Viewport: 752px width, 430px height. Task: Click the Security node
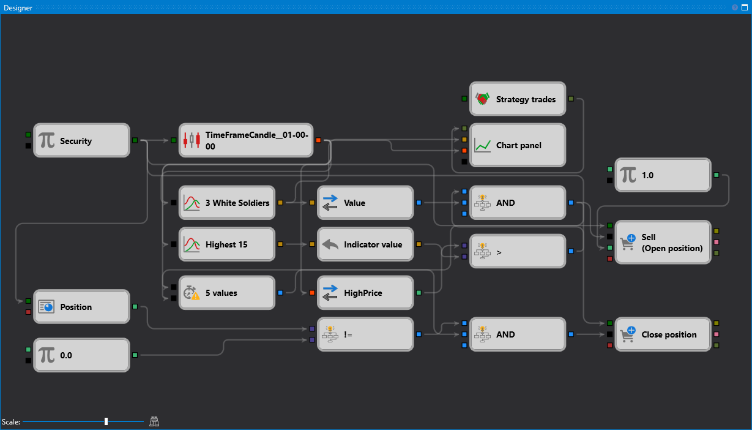click(x=81, y=141)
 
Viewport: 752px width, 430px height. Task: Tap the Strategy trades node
click(x=518, y=99)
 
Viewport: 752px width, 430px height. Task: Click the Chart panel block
click(x=518, y=146)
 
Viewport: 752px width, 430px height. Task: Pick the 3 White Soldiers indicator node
click(x=227, y=203)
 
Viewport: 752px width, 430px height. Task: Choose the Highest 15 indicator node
click(x=227, y=244)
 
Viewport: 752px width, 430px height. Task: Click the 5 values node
click(x=227, y=293)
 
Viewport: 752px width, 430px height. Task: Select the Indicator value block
click(x=366, y=244)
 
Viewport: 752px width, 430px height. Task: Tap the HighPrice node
click(x=366, y=293)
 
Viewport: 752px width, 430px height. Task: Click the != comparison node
click(x=366, y=334)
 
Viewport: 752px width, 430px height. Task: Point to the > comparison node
click(x=518, y=251)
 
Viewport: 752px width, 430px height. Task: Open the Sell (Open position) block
click(x=663, y=243)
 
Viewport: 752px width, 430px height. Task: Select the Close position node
click(x=663, y=334)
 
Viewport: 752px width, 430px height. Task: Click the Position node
click(x=81, y=307)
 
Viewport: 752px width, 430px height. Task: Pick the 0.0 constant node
click(x=81, y=355)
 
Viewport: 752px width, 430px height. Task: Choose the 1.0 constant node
click(x=663, y=175)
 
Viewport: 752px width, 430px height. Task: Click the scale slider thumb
click(x=106, y=421)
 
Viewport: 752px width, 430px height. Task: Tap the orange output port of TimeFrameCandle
click(x=318, y=141)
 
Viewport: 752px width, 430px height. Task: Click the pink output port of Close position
click(x=717, y=334)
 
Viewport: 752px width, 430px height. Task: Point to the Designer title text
click(x=18, y=8)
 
